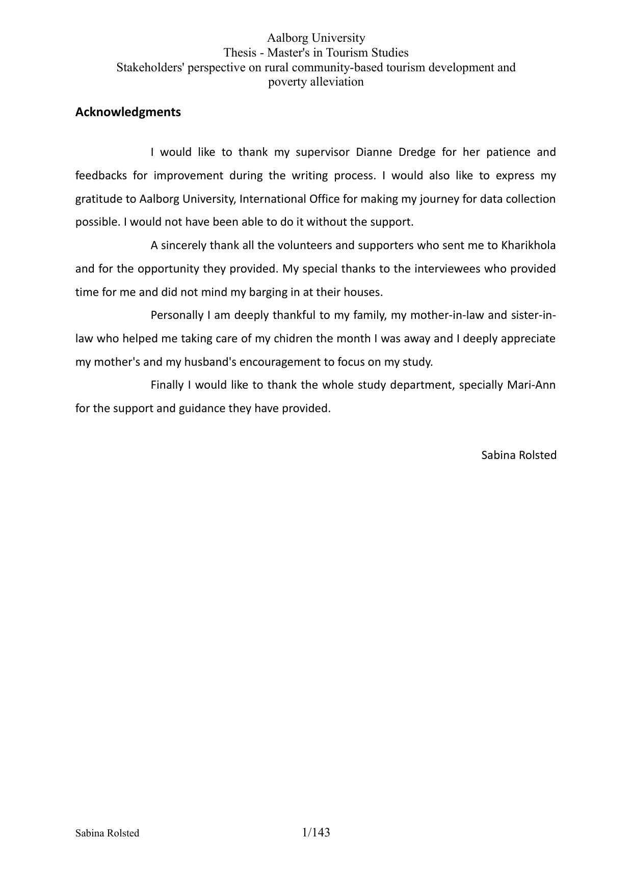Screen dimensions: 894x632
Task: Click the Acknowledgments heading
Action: point(128,112)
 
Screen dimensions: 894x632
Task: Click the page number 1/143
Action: point(316,832)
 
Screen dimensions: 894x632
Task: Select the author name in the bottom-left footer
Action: point(107,833)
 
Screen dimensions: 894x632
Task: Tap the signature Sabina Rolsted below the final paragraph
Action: point(519,455)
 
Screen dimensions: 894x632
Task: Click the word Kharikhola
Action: point(529,246)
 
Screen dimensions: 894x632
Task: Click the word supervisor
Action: point(322,152)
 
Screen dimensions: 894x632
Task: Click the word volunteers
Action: point(305,246)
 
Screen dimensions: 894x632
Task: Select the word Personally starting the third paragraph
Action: point(177,315)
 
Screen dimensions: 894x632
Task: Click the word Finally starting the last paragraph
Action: point(167,385)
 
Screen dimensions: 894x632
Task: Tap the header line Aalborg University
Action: point(316,38)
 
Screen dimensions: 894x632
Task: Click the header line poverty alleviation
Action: point(316,82)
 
